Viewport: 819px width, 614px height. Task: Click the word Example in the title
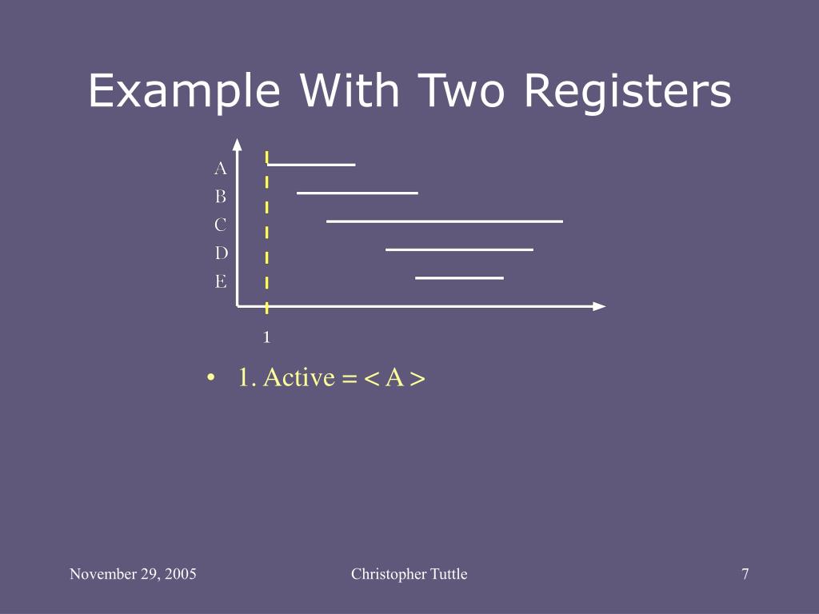point(183,92)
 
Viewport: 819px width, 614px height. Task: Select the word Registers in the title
point(628,92)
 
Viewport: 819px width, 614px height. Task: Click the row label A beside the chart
point(221,169)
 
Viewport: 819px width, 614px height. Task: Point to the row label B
point(221,197)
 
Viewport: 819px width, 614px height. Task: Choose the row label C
point(221,225)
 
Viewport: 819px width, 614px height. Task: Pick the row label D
point(221,253)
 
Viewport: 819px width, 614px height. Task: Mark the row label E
point(221,281)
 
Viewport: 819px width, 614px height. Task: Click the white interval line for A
point(311,165)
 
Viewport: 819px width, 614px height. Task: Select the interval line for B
point(357,193)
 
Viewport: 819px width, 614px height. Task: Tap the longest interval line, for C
point(444,221)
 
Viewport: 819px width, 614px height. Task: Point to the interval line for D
point(459,249)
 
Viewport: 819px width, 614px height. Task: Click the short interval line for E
point(459,277)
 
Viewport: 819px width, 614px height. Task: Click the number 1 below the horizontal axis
point(267,337)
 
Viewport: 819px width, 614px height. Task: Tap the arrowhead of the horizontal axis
point(599,305)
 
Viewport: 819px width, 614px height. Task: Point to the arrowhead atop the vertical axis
point(238,144)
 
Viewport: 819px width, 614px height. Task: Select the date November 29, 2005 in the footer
point(133,574)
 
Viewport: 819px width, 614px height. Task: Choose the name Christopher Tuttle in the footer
point(409,574)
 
